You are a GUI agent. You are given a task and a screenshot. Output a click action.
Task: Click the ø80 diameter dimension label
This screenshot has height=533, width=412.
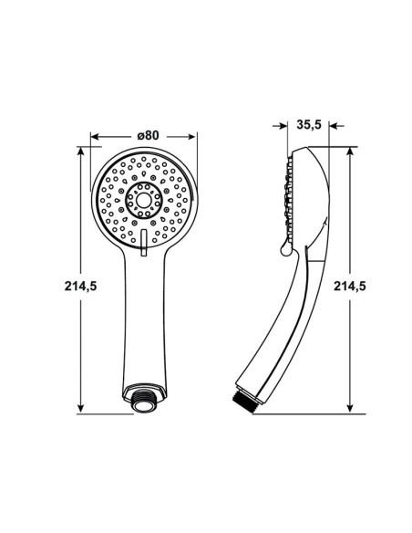[148, 135]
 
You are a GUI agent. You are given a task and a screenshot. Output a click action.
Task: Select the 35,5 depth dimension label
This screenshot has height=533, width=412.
[309, 124]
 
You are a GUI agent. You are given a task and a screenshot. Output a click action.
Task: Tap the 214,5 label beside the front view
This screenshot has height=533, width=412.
[81, 287]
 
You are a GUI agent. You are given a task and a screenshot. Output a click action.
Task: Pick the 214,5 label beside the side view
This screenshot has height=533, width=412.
[350, 287]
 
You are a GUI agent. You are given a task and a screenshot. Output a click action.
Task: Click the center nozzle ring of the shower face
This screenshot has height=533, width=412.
[143, 200]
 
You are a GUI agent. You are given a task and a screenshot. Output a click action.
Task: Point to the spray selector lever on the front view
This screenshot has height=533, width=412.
[143, 242]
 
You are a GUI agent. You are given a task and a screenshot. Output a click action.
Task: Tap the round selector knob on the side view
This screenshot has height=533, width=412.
[285, 250]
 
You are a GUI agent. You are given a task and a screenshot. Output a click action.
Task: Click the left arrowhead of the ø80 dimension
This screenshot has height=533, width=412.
[96, 137]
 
